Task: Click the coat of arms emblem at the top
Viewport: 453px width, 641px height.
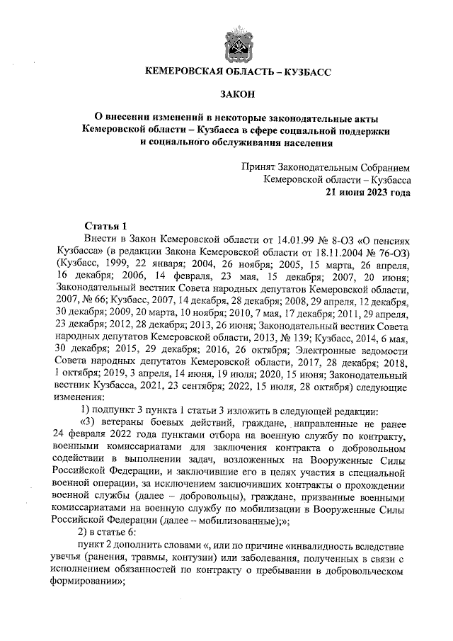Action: [x=234, y=41]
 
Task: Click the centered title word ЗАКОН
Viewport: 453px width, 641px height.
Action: [x=234, y=93]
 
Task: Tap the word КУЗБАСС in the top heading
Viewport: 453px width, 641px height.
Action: [x=299, y=72]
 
